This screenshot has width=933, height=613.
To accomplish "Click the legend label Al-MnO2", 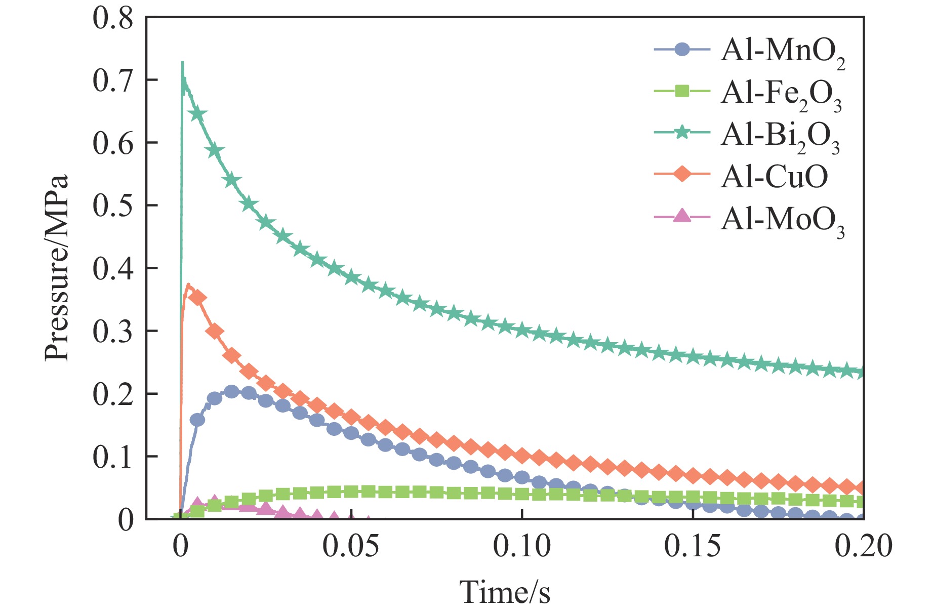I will click(x=783, y=52).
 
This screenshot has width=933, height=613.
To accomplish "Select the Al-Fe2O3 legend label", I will click(x=781, y=94).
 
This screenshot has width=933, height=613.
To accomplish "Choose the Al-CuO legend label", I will click(x=774, y=177).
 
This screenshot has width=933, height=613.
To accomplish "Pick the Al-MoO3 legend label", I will click(x=783, y=220).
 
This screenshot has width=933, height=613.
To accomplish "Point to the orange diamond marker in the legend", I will click(x=682, y=175).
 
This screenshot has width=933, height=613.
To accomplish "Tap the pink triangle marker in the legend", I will click(x=682, y=216).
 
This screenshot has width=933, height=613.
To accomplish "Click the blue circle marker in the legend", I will click(x=682, y=50).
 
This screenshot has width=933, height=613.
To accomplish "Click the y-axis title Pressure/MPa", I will click(x=56, y=268).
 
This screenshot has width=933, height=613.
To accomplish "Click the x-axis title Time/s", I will click(x=504, y=592).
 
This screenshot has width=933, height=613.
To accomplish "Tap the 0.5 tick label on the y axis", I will click(x=112, y=206).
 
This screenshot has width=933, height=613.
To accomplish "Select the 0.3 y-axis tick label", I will click(x=112, y=331).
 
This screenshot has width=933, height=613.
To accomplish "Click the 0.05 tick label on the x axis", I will click(x=351, y=547).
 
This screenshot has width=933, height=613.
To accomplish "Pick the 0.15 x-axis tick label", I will click(x=693, y=547).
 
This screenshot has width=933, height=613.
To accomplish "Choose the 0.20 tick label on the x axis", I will click(x=863, y=547).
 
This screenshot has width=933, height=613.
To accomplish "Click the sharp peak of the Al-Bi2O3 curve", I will click(x=182, y=63).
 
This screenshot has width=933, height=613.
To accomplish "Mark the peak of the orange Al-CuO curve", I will click(x=188, y=285).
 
